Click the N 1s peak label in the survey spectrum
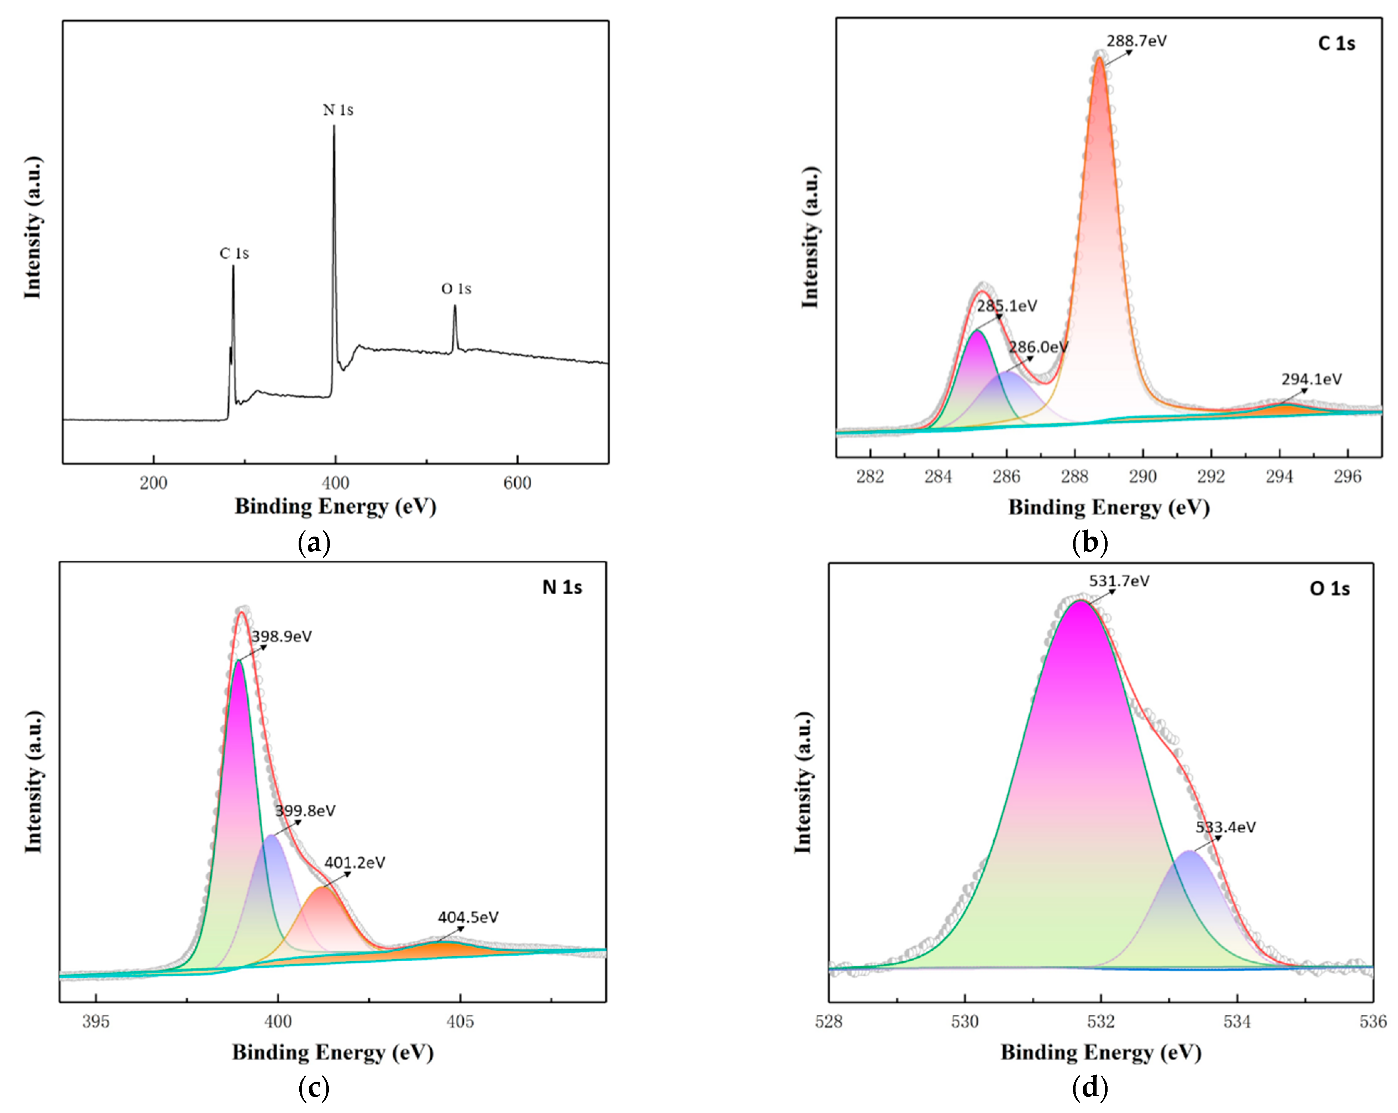pyautogui.click(x=338, y=110)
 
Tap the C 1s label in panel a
pyautogui.click(x=234, y=254)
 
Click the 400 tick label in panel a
pyautogui.click(x=335, y=483)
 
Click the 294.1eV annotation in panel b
pyautogui.click(x=1311, y=379)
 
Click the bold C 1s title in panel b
pyautogui.click(x=1336, y=43)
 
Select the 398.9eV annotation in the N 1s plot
pyautogui.click(x=282, y=636)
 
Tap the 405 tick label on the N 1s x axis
pyautogui.click(x=461, y=1022)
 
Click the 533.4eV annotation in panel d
pyautogui.click(x=1225, y=827)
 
